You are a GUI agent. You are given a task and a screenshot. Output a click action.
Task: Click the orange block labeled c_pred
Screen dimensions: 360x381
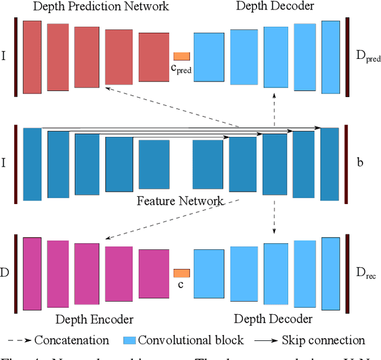point(182,56)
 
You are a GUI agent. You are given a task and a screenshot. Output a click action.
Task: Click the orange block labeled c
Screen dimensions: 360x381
point(182,273)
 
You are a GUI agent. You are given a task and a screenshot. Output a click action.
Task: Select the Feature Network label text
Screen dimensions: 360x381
point(180,201)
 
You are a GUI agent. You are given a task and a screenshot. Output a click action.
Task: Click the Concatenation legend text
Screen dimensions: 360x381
point(71,340)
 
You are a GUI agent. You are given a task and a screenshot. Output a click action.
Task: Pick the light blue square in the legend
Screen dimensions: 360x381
point(129,340)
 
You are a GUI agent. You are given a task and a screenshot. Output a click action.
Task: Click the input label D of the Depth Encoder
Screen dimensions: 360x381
point(5,273)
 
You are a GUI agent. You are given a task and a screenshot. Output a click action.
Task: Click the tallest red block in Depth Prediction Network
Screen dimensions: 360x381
point(32,57)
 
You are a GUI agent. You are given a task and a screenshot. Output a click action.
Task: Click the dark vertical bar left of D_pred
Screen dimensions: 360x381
point(347,57)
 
